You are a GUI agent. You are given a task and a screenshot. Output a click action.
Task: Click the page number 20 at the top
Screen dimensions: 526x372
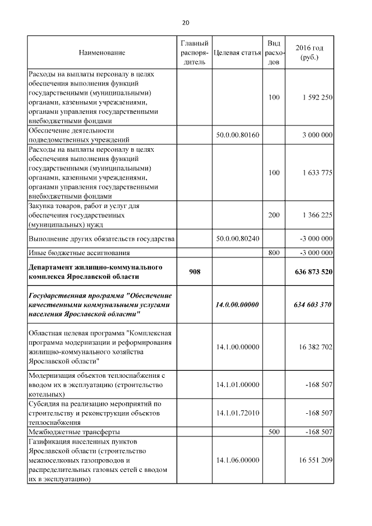point(185,23)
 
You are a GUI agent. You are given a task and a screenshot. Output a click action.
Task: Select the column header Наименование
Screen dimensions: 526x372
point(102,53)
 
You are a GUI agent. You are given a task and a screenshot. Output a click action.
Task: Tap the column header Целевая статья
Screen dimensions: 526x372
point(237,53)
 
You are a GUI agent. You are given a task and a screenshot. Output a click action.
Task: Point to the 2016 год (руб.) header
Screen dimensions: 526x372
point(309,53)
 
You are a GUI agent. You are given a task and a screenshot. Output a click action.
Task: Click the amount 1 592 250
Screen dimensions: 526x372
point(317,97)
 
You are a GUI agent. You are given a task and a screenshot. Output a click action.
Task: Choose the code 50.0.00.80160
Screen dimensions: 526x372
point(237,135)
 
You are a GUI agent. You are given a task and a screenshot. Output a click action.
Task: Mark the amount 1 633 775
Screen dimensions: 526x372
point(317,173)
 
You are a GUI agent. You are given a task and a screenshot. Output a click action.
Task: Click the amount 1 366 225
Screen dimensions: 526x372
point(317,215)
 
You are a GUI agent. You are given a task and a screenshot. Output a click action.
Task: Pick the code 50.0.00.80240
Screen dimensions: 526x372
point(237,239)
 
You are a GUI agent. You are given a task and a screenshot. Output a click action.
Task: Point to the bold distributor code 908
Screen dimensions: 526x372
point(195,271)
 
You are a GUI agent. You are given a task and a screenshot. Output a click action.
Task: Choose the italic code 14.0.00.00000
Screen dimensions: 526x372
point(237,305)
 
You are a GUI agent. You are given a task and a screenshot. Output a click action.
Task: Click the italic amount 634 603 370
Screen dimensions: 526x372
point(313,305)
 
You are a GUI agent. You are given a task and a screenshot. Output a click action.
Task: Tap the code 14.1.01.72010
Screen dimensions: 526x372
point(237,413)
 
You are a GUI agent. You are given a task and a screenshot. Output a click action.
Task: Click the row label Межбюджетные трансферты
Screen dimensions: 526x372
point(74,432)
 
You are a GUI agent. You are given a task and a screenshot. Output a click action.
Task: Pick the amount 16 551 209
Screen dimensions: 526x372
point(314,460)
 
